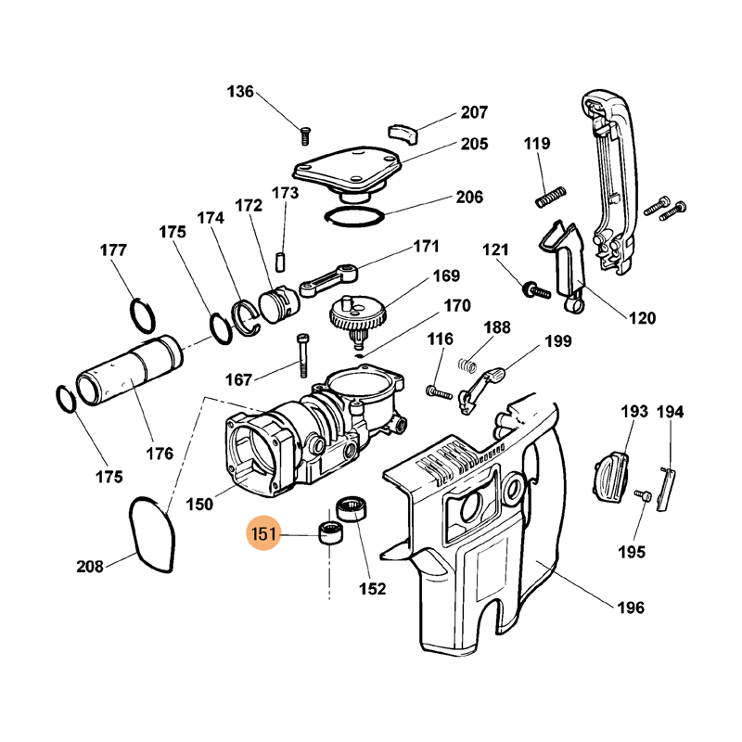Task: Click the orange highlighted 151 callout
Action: (263, 533)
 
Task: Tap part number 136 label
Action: (240, 91)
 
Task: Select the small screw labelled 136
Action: (305, 135)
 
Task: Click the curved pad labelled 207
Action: (403, 133)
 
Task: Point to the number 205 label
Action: (474, 144)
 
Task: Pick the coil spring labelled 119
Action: (550, 197)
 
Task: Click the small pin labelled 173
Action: (281, 262)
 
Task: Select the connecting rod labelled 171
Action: (328, 281)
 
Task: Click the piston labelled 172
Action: (279, 304)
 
